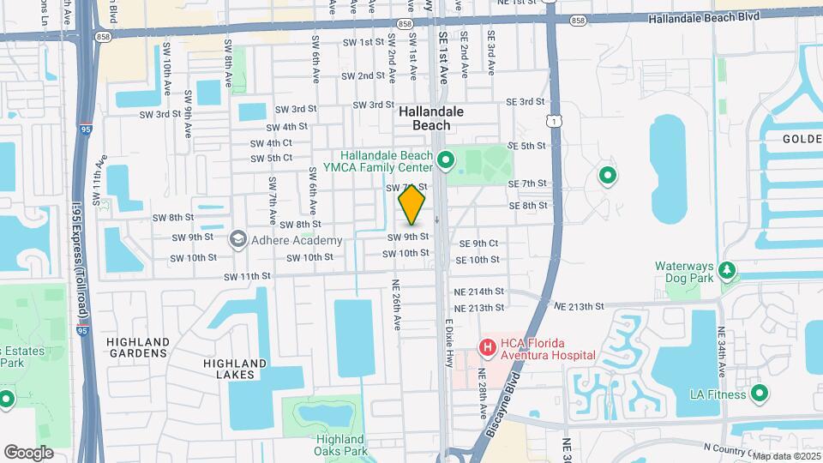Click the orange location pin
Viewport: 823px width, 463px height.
(412, 206)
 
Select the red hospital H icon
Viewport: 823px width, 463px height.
(487, 347)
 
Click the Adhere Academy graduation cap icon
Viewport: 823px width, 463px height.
(237, 240)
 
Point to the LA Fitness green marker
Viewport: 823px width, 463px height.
(759, 394)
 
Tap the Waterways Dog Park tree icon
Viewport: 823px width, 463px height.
(728, 272)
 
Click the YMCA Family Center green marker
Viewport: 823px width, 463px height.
(445, 159)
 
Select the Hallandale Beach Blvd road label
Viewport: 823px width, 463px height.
(703, 18)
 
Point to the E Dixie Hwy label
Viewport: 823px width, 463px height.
(448, 343)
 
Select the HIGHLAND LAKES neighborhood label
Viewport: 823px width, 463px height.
(229, 369)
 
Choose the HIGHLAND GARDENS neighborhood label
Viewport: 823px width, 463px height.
(137, 347)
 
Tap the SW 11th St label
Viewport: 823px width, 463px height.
(248, 277)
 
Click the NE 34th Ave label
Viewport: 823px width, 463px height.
(721, 353)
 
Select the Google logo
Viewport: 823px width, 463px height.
(28, 452)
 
